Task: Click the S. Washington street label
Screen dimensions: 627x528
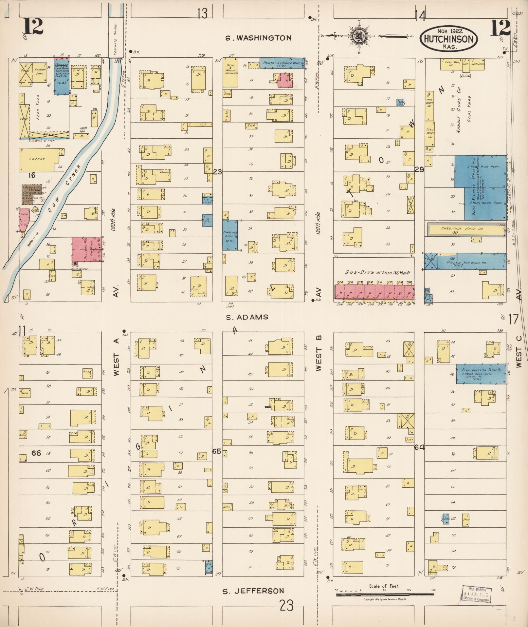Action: tap(258, 38)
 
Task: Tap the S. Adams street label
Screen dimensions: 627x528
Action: tap(247, 317)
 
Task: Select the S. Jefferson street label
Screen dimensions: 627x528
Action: tap(253, 591)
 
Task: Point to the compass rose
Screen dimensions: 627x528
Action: tap(359, 36)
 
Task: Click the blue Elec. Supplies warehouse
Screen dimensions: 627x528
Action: tap(482, 374)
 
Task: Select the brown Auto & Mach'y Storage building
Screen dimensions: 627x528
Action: tap(32, 194)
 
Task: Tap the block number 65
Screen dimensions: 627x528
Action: tap(217, 451)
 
